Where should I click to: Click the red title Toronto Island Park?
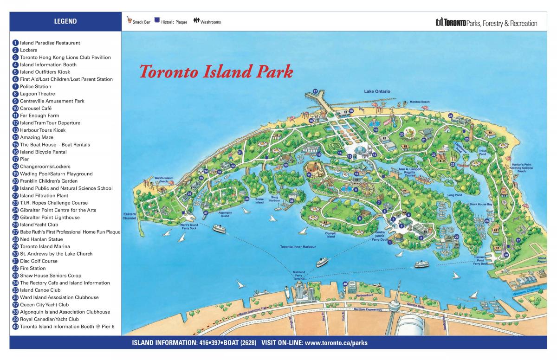216,72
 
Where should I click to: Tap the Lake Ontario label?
377,91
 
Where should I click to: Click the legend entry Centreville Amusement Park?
52,101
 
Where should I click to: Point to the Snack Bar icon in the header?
129,21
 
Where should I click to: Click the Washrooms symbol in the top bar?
197,21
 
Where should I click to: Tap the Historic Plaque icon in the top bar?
157,20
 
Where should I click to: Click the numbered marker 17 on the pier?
315,91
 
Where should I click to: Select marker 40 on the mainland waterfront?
345,283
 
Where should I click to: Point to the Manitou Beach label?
419,102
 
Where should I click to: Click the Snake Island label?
259,201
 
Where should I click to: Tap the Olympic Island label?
330,235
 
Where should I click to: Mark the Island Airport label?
542,260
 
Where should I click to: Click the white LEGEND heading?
65,21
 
